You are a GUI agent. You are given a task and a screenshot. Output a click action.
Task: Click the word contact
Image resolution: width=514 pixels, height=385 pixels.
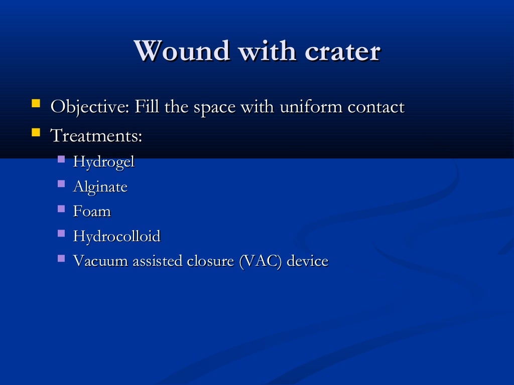coord(376,107)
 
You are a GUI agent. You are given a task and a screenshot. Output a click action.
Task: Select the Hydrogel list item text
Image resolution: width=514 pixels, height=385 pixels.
coord(104,162)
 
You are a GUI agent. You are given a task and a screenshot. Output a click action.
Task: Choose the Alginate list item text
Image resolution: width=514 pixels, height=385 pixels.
coord(100,187)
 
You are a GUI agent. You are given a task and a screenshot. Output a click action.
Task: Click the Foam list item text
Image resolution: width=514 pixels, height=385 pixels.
coord(92,212)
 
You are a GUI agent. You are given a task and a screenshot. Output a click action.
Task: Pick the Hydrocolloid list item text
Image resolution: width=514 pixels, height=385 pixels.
coord(117,236)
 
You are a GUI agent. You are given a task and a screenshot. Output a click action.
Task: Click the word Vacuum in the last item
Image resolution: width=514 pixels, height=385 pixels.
coord(101,261)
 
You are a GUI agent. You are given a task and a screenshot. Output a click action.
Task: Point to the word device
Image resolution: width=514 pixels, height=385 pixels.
coord(307,261)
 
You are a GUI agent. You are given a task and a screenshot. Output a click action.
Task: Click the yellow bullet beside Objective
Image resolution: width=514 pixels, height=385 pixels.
coord(36,104)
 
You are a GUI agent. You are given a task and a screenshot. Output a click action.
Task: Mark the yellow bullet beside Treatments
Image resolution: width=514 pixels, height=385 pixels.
coord(36,133)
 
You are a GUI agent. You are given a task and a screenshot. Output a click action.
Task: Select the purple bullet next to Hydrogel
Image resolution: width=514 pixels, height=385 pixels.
coord(61,159)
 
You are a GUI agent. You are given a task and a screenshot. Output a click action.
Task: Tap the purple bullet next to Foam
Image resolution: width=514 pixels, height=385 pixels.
coord(61,209)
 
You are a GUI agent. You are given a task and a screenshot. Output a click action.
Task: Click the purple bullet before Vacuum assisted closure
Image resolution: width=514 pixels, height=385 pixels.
coord(61,258)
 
